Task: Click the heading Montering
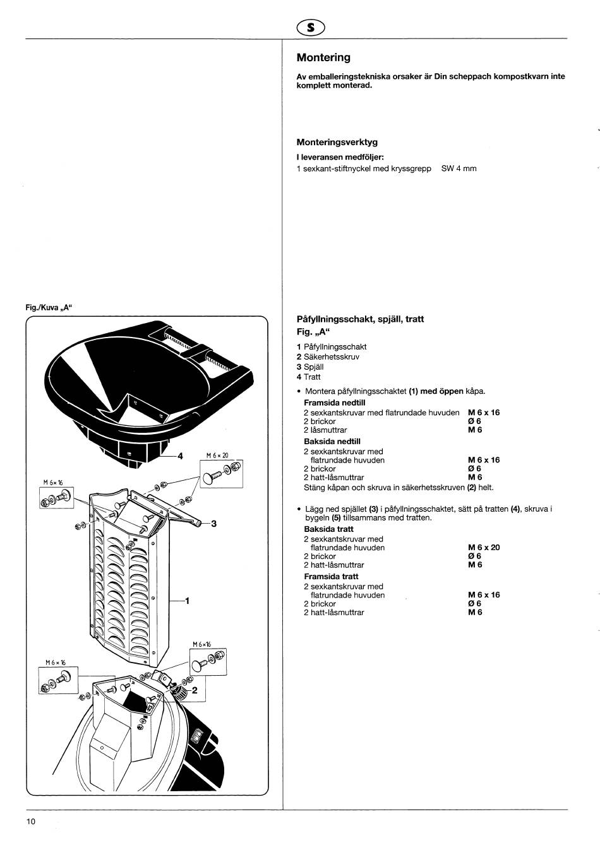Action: click(323, 58)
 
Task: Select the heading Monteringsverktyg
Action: click(337, 142)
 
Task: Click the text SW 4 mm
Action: click(459, 169)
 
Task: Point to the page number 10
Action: click(32, 821)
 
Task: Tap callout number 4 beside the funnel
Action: click(180, 456)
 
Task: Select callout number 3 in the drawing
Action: click(213, 523)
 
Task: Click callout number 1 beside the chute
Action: click(187, 601)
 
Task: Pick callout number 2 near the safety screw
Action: click(195, 691)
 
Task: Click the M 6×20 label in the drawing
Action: click(217, 456)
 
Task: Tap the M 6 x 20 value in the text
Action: click(484, 548)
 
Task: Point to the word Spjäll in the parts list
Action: click(313, 367)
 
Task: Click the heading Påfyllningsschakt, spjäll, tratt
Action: click(360, 319)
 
